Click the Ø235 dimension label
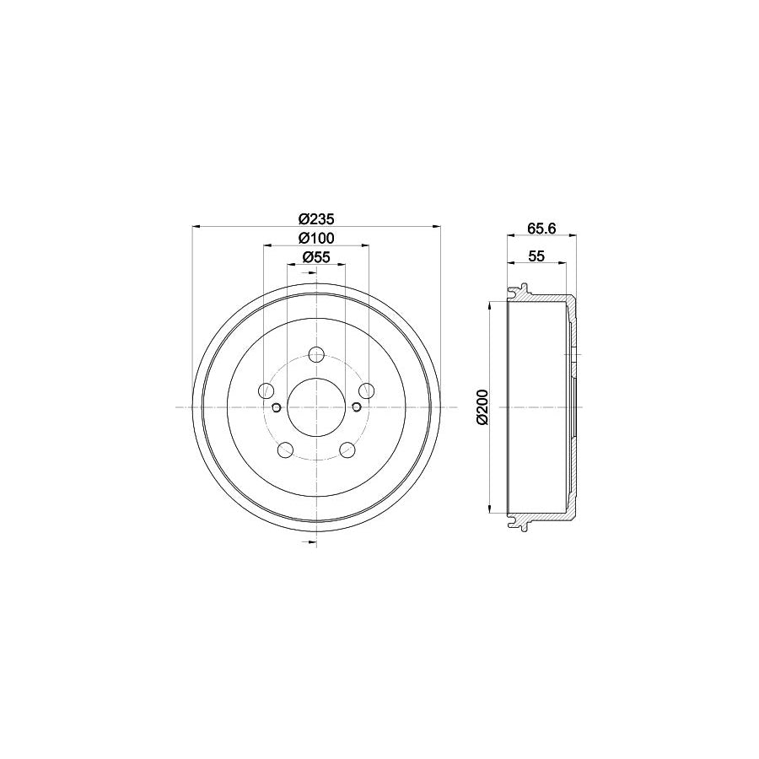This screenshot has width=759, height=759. [x=315, y=216]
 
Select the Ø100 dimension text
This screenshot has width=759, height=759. [x=315, y=237]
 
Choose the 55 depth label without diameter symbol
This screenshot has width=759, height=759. [x=536, y=256]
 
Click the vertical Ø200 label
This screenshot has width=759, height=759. [x=482, y=407]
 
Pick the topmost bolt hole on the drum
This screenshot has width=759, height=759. [x=316, y=354]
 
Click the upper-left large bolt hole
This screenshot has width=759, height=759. [x=266, y=390]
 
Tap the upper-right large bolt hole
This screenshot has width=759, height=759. [x=366, y=390]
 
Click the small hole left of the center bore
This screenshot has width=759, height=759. [x=276, y=408]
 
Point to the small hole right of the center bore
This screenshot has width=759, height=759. [x=356, y=408]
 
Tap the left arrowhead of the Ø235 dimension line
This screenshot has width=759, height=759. [x=196, y=225]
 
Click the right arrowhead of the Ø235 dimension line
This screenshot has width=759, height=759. [x=437, y=225]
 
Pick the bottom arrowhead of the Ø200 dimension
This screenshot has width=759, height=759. [x=490, y=510]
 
